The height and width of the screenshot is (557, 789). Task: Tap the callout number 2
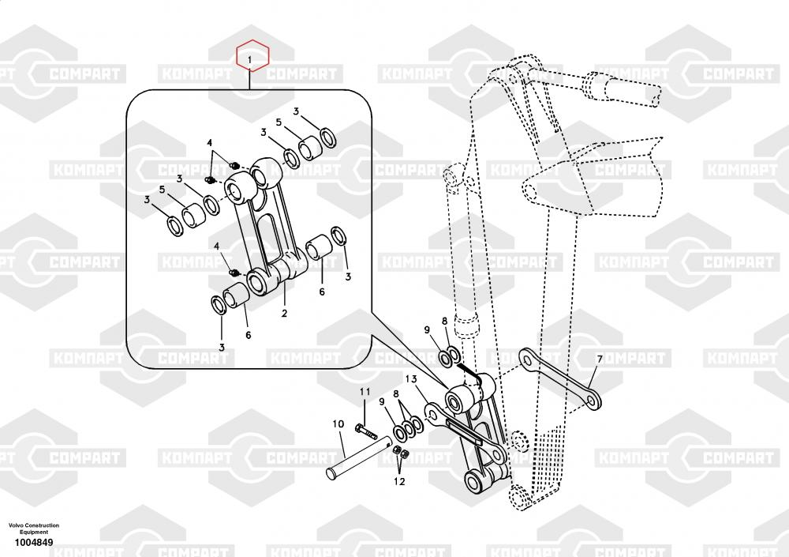pos(284,314)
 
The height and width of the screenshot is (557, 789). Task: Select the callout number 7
pos(599,359)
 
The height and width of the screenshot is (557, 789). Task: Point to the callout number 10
pos(338,424)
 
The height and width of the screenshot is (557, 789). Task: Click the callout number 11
pos(365,392)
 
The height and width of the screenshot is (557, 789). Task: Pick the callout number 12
pos(400,480)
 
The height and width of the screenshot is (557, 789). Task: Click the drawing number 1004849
pos(33,543)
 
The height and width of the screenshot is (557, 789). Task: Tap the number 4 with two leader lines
pos(211,142)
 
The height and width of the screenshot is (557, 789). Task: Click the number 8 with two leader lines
pos(396,403)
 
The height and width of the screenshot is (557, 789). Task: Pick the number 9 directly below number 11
pos(382,402)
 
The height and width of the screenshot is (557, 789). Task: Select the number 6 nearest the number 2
pos(248,335)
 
